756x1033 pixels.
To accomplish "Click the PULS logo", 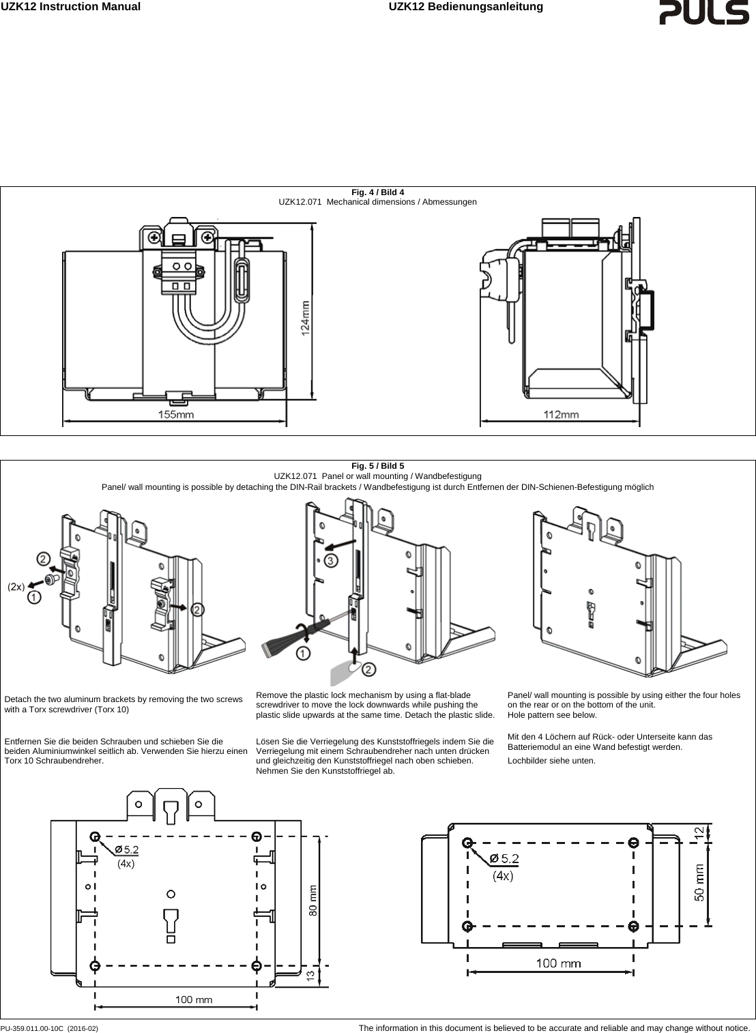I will point(703,13).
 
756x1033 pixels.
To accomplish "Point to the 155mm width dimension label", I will point(176,414).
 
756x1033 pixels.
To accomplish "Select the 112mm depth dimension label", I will point(561,414).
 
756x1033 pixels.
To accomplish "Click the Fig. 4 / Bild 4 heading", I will point(377,192).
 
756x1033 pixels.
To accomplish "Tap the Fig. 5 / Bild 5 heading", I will point(377,466).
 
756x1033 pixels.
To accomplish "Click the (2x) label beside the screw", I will point(16,586).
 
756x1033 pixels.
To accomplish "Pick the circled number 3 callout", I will point(330,560).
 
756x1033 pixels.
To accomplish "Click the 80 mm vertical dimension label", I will point(312,901).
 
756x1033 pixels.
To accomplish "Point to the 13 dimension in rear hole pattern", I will point(310,976).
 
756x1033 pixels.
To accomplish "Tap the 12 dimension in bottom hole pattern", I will point(699,832).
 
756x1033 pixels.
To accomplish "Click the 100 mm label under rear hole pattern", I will point(194,1000).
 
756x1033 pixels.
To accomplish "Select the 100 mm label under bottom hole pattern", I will point(558,963).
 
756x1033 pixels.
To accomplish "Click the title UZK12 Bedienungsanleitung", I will point(465,7).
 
